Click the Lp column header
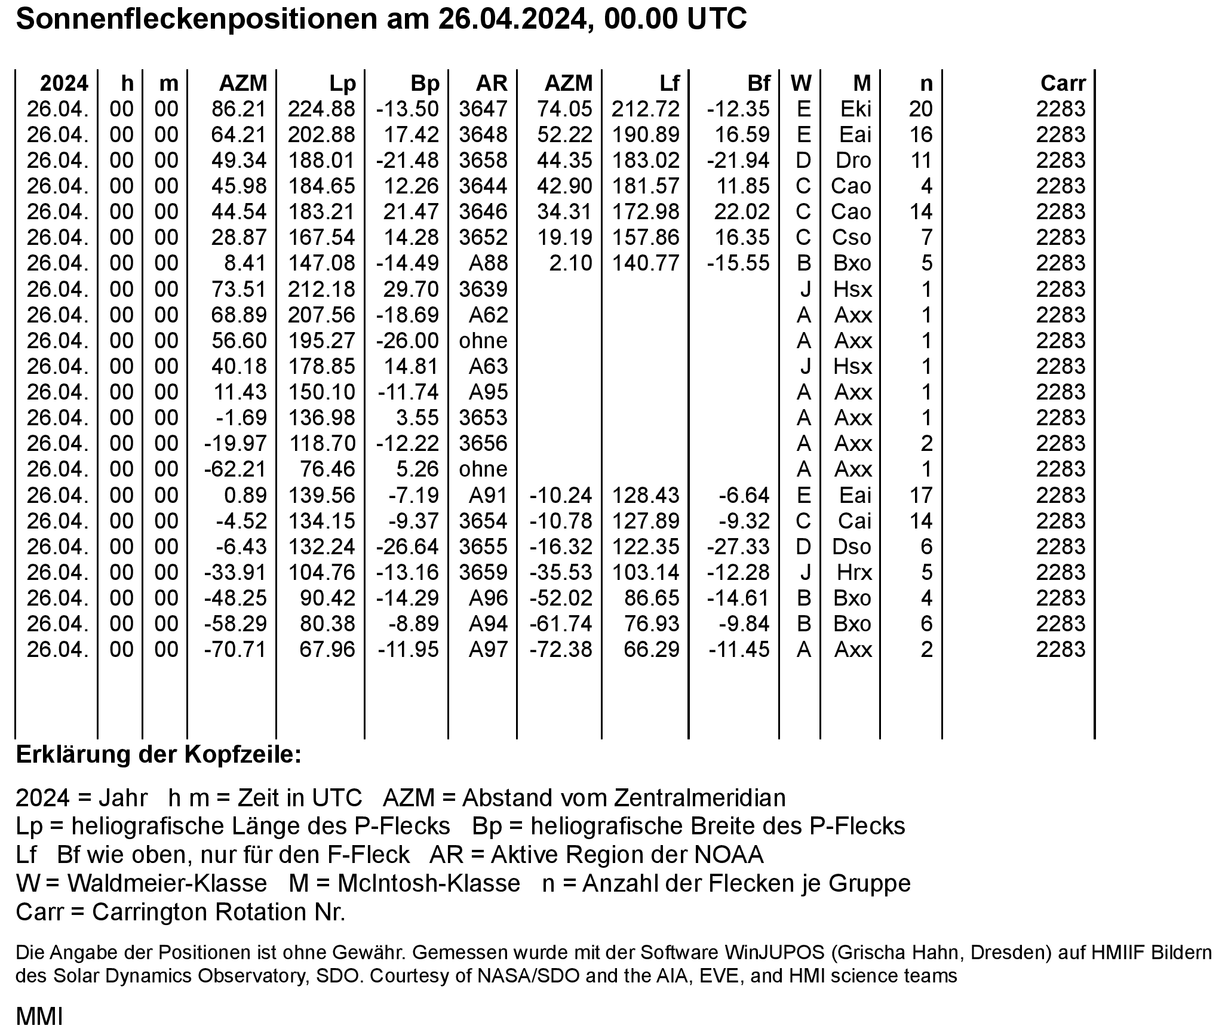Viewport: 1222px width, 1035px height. (342, 83)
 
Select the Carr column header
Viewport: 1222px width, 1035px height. (1063, 83)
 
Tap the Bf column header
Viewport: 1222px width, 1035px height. (758, 83)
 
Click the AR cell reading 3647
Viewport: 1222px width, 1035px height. (483, 109)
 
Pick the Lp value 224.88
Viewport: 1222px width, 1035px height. (321, 109)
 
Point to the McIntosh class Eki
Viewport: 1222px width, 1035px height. (855, 109)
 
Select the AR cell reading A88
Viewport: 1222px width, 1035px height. (488, 263)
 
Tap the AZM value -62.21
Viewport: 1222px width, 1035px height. (235, 469)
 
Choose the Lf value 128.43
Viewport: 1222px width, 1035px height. (645, 495)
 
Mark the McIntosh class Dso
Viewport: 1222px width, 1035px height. (852, 546)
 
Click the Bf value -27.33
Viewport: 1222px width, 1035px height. (738, 546)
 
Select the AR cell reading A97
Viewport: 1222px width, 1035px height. (488, 649)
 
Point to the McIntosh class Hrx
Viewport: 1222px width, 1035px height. (854, 572)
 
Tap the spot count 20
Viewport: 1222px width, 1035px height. (920, 109)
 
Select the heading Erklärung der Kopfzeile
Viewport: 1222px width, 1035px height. (159, 755)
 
